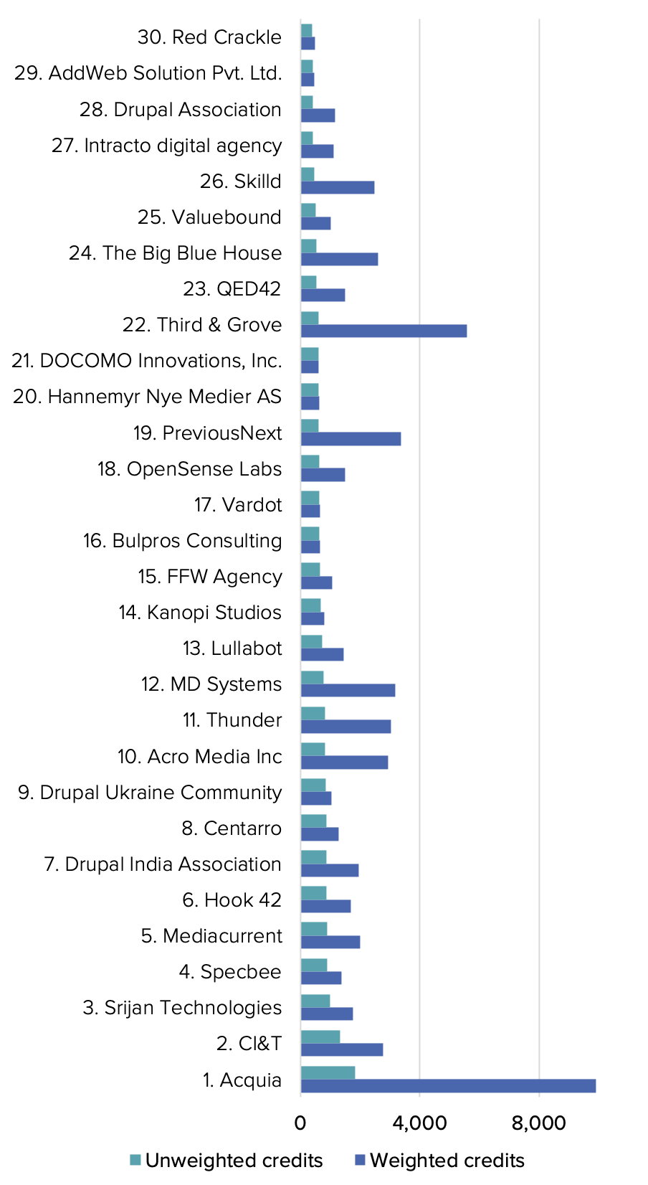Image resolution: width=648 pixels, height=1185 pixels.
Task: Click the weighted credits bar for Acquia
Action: point(448,1085)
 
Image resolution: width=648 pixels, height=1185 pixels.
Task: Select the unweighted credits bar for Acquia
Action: point(328,1072)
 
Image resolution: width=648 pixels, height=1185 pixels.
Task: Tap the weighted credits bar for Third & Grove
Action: point(383,331)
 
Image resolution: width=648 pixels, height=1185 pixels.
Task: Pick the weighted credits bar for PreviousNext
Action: point(351,438)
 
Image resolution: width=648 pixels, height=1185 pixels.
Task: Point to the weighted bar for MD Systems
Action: point(348,690)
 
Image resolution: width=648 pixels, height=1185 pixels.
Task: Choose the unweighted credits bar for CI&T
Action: point(320,1037)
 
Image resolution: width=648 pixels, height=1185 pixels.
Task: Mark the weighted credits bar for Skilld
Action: point(338,187)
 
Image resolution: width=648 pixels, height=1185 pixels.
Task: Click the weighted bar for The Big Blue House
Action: point(339,259)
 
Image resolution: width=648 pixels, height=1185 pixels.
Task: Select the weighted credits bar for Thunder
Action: point(346,726)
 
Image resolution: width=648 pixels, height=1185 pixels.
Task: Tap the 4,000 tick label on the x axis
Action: point(419,1123)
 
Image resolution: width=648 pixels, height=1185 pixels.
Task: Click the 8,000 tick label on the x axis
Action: point(539,1123)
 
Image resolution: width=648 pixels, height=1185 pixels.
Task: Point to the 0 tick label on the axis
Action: point(300,1123)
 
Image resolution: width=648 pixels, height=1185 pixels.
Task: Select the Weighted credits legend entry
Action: point(447,1161)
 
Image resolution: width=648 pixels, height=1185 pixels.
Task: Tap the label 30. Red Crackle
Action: point(209,37)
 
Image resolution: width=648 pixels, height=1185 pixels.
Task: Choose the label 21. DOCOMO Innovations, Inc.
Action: point(147,361)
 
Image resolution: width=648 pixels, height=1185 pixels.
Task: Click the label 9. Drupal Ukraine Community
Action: point(150,793)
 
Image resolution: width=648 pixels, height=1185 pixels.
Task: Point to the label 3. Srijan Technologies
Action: point(182,1008)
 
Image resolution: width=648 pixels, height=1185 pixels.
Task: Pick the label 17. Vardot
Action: point(238,505)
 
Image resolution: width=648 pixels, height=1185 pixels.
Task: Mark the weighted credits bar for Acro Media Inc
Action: point(344,762)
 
